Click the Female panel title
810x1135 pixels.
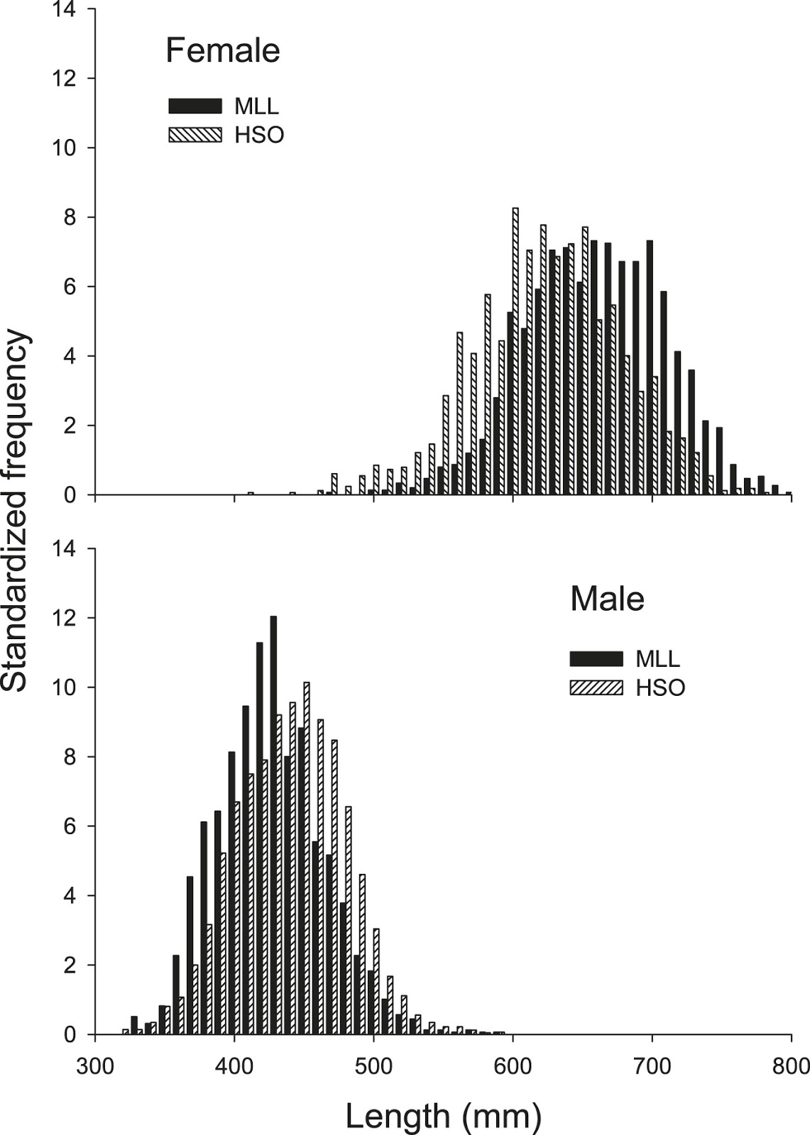(222, 51)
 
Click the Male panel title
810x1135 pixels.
(607, 599)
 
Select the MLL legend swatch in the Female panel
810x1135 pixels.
(195, 106)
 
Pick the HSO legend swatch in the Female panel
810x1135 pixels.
(195, 135)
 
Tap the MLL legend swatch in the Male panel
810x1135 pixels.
(596, 658)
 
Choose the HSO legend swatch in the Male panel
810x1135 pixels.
(596, 687)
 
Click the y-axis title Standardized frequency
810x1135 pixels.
(16, 511)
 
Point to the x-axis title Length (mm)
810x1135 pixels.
(444, 1117)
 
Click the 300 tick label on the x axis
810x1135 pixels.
(95, 1066)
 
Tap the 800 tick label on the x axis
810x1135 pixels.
(791, 1066)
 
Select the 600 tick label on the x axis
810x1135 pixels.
(513, 1066)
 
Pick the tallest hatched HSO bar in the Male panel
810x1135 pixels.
(307, 858)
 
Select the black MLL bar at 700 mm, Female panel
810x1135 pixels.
(650, 367)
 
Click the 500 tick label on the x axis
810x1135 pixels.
(373, 1066)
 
